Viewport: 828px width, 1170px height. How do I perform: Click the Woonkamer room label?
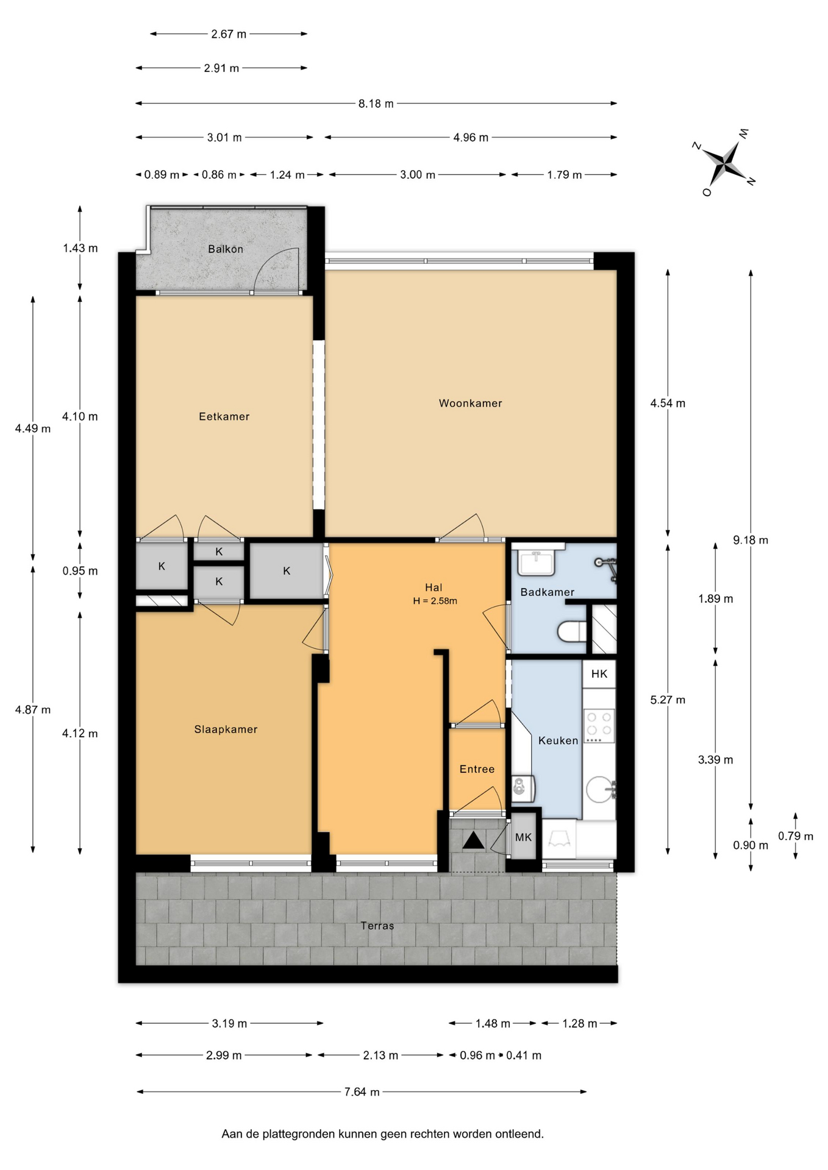[x=470, y=403]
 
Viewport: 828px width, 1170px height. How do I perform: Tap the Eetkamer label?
[x=224, y=416]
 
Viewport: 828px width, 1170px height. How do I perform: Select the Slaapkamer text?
[x=226, y=729]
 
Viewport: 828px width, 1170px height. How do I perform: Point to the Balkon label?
[x=225, y=249]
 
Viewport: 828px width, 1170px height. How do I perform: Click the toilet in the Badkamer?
[x=572, y=631]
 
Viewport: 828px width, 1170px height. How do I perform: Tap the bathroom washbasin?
[x=537, y=561]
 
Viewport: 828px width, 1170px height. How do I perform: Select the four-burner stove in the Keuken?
[x=599, y=725]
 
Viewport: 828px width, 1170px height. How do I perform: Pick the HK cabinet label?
[x=599, y=673]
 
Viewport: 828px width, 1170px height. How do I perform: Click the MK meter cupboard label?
[x=523, y=837]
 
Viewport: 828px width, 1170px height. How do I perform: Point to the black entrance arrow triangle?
[x=473, y=841]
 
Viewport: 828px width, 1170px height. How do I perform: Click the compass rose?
[x=724, y=164]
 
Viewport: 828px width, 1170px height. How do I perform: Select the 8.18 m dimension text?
[x=376, y=104]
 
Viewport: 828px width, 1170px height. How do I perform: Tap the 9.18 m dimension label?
[x=750, y=540]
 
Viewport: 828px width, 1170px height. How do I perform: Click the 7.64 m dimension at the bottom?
[x=362, y=1092]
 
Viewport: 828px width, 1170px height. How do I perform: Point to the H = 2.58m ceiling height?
[x=435, y=601]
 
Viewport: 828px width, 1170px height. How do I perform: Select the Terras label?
[x=377, y=926]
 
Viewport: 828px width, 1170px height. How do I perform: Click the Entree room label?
[x=477, y=769]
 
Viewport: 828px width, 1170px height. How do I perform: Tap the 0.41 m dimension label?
[x=524, y=1055]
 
